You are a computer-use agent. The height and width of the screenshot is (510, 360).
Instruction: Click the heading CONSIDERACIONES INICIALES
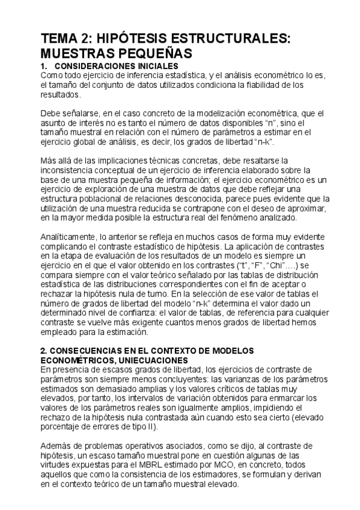click(116, 65)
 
